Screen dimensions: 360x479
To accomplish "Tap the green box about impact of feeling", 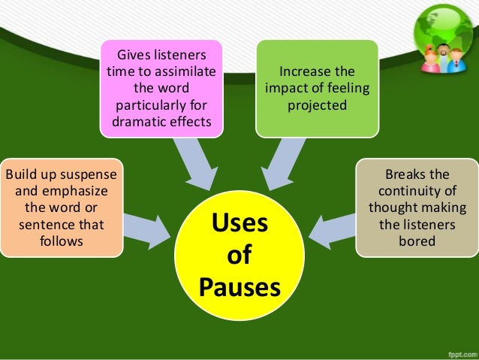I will [x=317, y=89].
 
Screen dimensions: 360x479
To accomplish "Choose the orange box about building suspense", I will [x=61, y=207].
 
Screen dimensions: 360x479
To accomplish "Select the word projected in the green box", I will [x=317, y=104].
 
